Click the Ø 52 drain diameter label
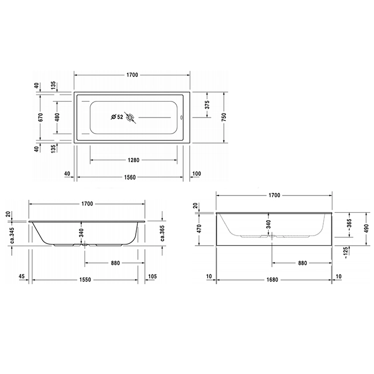tap(117, 117)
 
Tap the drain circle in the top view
tap(130, 118)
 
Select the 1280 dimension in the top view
tap(134, 160)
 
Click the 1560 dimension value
tap(130, 177)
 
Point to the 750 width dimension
tap(224, 117)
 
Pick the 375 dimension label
tap(207, 105)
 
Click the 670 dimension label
tap(40, 117)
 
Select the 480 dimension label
tap(57, 117)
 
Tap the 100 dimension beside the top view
tap(197, 174)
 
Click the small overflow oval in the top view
tap(182, 118)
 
